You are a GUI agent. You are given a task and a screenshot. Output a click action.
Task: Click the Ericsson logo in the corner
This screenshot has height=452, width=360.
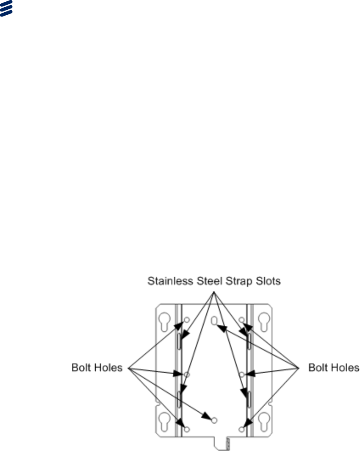6,8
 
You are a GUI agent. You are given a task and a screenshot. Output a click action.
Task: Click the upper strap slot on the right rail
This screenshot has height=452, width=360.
249,341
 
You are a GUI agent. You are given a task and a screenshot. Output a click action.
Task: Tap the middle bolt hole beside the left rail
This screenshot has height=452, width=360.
187,374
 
